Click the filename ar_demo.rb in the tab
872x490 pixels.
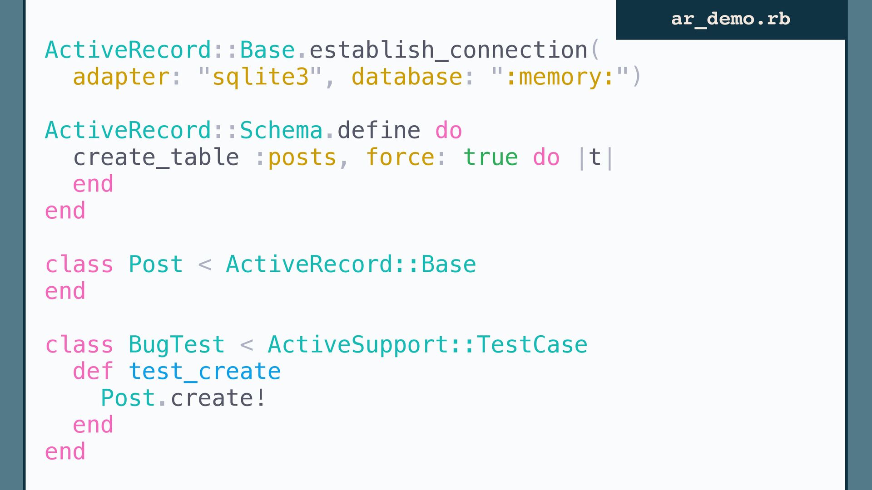point(731,19)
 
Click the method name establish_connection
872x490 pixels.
point(449,50)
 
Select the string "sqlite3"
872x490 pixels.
point(260,76)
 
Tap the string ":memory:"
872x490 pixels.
point(560,76)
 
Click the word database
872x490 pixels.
point(407,76)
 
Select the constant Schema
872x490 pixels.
point(281,130)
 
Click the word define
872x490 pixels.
point(379,130)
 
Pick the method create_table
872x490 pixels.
point(156,157)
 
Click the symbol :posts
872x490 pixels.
point(296,158)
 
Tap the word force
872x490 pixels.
point(400,157)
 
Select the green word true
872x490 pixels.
point(490,157)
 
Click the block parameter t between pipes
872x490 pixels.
point(595,157)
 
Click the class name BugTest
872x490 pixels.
point(177,345)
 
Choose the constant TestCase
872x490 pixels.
point(532,345)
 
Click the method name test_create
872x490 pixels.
point(205,372)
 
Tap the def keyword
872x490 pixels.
point(93,371)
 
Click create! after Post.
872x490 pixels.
point(218,398)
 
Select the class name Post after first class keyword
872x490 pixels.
point(156,265)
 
